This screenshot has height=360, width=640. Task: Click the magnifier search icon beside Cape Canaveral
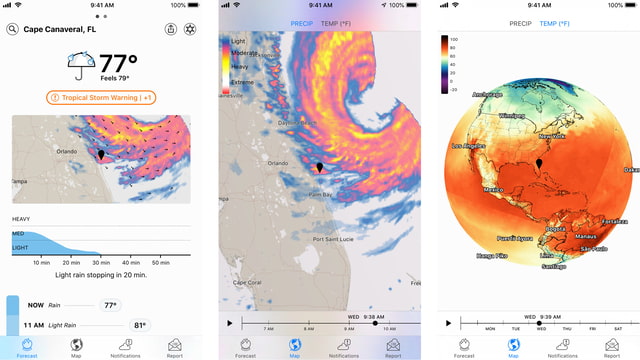click(12, 30)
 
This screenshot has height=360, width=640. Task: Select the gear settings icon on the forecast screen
click(191, 30)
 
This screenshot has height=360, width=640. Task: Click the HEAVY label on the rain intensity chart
click(21, 219)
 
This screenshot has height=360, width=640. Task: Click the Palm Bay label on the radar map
click(320, 194)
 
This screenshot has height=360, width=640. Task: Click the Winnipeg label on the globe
click(511, 115)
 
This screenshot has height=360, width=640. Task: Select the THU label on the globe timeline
click(567, 329)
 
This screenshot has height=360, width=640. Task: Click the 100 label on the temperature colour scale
click(454, 39)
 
